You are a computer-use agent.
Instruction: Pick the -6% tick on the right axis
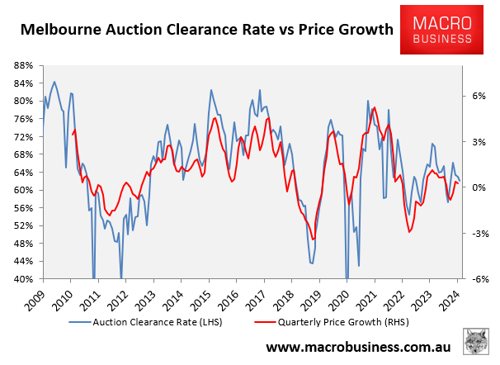click(x=476, y=279)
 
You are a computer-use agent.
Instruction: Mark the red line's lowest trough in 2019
click(x=314, y=239)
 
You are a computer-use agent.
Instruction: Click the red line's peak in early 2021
click(x=375, y=107)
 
